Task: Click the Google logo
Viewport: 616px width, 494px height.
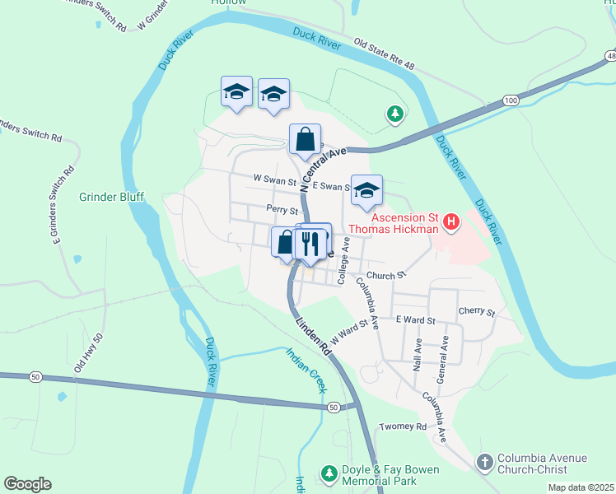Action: coord(27,484)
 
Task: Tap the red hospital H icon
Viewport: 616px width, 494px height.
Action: coord(450,221)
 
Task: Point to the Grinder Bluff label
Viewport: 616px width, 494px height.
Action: coord(111,197)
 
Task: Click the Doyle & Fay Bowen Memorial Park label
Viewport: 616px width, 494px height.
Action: coord(391,475)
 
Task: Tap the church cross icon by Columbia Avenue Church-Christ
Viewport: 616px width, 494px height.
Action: coord(485,463)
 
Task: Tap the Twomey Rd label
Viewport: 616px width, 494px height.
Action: coord(403,427)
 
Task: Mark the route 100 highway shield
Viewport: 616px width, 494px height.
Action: coord(511,100)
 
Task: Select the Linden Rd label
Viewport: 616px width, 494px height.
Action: coord(314,338)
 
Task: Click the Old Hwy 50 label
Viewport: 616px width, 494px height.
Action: coord(88,352)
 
